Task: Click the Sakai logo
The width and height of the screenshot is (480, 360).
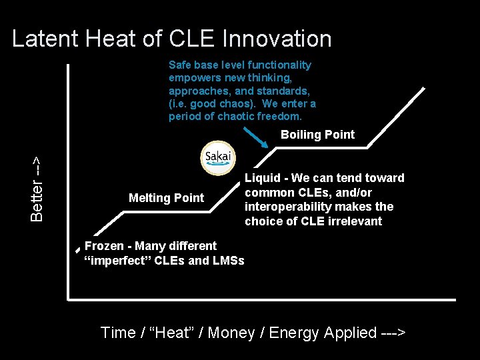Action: (x=218, y=158)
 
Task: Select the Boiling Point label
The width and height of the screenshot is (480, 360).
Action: (x=317, y=135)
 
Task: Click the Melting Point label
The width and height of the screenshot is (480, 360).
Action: (x=166, y=198)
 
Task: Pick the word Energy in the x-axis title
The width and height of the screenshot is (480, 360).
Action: (x=296, y=333)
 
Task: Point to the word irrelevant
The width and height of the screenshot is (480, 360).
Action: (x=355, y=221)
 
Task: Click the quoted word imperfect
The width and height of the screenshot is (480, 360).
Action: (x=119, y=261)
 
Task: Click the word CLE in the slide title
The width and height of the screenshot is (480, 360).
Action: (x=191, y=39)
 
